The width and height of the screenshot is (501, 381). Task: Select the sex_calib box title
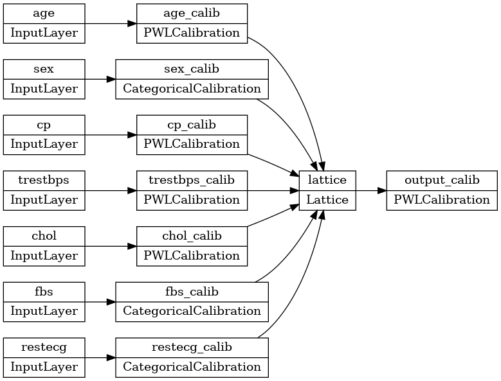tap(192, 69)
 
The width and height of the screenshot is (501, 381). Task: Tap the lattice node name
tap(327, 180)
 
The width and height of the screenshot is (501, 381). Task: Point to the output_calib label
tap(441, 180)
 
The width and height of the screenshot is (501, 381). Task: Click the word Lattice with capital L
tap(327, 200)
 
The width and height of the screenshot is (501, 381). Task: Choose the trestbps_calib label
tap(192, 180)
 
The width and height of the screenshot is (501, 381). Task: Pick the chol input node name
tap(44, 235)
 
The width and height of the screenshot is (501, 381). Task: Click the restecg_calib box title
tap(192, 347)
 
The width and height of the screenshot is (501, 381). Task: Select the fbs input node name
tap(44, 291)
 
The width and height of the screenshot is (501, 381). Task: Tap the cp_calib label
tap(192, 124)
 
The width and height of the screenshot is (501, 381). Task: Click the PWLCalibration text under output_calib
tap(441, 200)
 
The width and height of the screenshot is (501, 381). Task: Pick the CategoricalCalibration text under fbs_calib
tap(192, 312)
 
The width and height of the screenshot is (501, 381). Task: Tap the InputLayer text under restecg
tap(44, 368)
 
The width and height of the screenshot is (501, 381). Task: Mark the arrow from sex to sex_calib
tap(100, 79)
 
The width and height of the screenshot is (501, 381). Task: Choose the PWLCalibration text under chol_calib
tap(192, 256)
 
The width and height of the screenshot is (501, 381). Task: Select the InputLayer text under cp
tap(44, 145)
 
